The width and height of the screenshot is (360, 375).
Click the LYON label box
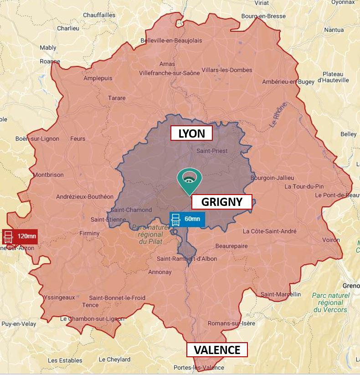point(191,134)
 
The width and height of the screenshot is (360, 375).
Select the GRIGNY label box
point(221,202)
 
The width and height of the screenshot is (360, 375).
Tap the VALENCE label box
point(217,350)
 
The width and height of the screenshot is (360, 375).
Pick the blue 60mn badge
point(187,219)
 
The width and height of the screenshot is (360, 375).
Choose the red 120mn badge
point(20,236)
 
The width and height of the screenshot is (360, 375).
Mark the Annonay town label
point(160,272)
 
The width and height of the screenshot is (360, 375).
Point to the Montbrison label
point(48,175)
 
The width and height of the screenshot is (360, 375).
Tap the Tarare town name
point(117,98)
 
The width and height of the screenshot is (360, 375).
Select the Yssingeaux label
point(59,297)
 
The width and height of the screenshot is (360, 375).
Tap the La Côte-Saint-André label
point(269,231)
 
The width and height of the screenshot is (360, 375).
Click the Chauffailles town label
point(99,15)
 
